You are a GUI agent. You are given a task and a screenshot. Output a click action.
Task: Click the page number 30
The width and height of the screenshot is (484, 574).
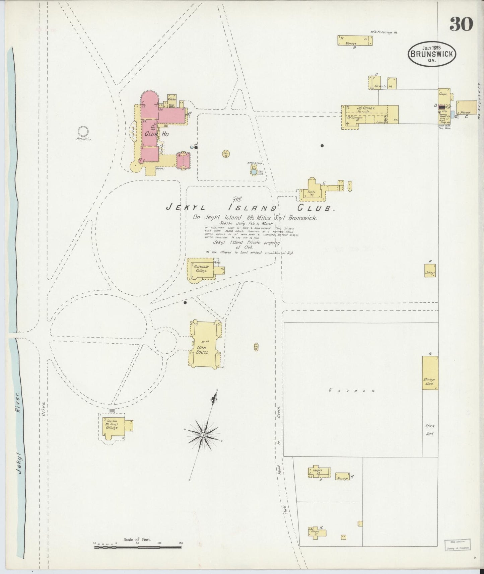pyautogui.click(x=461, y=24)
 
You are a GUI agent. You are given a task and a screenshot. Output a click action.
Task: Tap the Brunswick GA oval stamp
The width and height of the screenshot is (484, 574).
pyautogui.click(x=432, y=54)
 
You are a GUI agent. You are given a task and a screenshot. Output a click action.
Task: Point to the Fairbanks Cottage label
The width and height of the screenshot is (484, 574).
pyautogui.click(x=202, y=268)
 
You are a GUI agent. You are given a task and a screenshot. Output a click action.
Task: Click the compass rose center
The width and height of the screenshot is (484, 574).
pyautogui.click(x=203, y=435)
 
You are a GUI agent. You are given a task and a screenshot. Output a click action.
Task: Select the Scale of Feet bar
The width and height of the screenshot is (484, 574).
pyautogui.click(x=137, y=548)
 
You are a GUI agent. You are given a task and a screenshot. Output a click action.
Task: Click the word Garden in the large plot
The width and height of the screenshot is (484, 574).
pyautogui.click(x=352, y=390)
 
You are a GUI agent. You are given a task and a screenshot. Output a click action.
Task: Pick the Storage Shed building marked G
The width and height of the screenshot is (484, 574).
pyautogui.click(x=430, y=372)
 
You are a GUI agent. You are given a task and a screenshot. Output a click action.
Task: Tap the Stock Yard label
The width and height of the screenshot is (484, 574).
pyautogui.click(x=430, y=430)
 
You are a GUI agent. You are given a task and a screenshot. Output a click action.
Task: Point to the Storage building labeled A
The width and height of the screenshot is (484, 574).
pyautogui.click(x=354, y=40)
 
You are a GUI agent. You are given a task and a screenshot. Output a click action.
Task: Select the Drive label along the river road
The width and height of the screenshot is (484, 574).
pyautogui.click(x=43, y=409)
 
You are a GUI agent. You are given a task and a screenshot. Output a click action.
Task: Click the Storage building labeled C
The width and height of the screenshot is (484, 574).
pyautogui.click(x=467, y=107)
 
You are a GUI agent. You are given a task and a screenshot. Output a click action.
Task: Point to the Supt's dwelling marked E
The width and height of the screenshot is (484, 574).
pyautogui.click(x=313, y=190)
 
